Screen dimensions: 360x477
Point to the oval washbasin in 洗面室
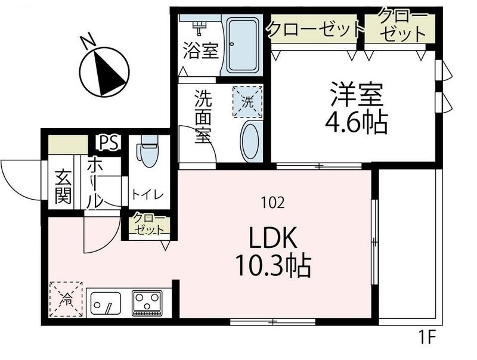pyautogui.click(x=250, y=141)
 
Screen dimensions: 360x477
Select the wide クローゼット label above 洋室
pyautogui.click(x=315, y=28)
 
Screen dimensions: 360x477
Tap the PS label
pyautogui.click(x=110, y=142)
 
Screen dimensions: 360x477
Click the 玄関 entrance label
pyautogui.click(x=63, y=186)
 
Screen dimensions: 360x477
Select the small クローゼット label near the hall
pyautogui.click(x=147, y=224)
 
